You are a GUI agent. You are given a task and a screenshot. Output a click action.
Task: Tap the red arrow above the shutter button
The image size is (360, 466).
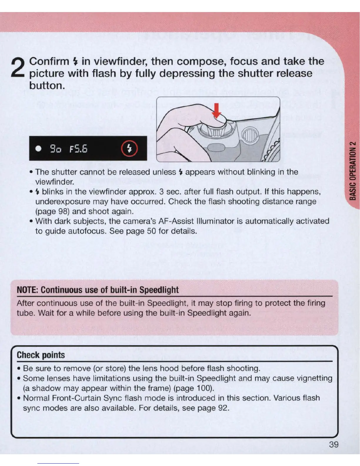(x=216, y=110)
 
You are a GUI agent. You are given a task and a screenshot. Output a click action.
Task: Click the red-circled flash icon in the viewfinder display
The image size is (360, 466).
(x=129, y=149)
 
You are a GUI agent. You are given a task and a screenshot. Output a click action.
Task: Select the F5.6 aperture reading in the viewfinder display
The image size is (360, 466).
(x=78, y=149)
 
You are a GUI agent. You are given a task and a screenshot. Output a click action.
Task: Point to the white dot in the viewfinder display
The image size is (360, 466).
(x=38, y=148)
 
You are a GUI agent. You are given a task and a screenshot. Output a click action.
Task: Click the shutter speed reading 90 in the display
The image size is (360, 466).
(x=55, y=149)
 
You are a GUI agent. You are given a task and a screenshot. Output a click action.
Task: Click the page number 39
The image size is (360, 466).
(x=334, y=444)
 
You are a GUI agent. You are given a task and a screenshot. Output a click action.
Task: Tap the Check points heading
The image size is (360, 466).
(x=41, y=355)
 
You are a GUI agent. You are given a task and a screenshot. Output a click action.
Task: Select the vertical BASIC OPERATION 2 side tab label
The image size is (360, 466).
(x=353, y=171)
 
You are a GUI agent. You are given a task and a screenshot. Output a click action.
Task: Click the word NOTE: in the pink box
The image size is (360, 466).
(x=28, y=290)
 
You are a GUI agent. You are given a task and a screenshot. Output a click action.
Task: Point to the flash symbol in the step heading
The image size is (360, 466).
(x=76, y=61)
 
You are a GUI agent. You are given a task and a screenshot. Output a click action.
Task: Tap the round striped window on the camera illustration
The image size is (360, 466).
(x=250, y=135)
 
